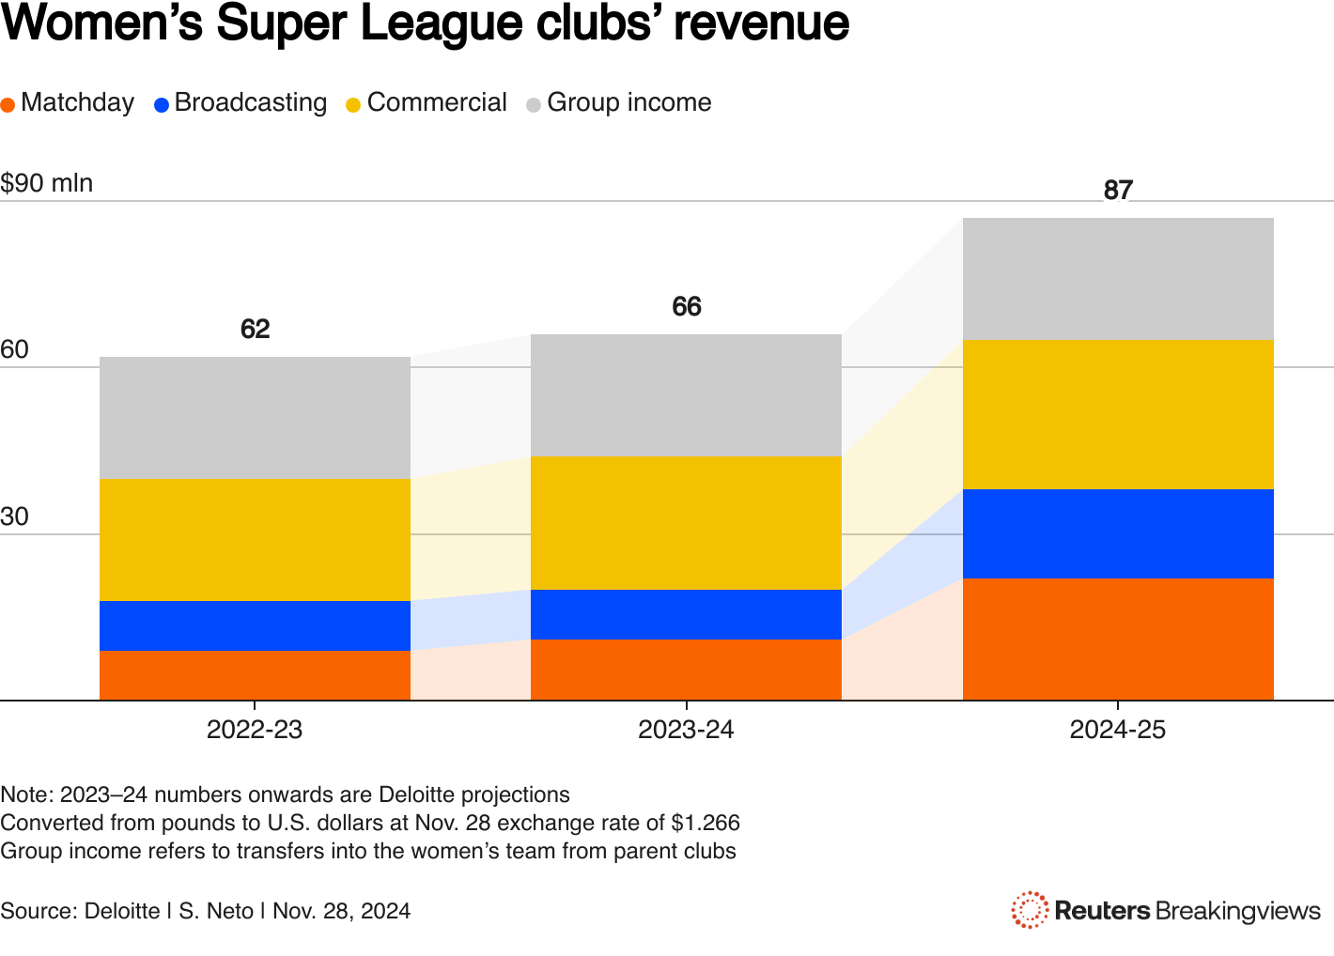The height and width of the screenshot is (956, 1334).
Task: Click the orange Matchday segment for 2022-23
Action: click(255, 675)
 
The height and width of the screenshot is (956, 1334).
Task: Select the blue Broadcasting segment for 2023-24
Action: click(686, 614)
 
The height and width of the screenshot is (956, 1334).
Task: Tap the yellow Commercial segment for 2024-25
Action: click(1118, 414)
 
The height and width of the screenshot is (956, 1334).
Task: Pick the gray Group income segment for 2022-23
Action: click(255, 418)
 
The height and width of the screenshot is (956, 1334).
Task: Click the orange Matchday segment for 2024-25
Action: click(1118, 639)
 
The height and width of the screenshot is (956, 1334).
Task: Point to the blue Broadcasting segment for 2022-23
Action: click(255, 625)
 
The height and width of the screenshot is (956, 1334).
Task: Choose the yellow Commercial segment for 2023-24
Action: click(686, 523)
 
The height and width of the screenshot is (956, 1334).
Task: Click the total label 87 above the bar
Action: click(1118, 191)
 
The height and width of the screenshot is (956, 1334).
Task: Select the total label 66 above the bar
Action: click(687, 307)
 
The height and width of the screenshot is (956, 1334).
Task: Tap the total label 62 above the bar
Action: click(255, 330)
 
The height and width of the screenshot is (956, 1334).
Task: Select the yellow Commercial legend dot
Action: click(353, 104)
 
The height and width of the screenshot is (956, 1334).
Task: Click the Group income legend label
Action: click(628, 102)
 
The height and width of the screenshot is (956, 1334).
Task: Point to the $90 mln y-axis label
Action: click(47, 183)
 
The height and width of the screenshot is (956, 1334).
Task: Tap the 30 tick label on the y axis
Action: click(15, 517)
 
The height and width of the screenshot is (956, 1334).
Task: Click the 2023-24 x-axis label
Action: click(686, 730)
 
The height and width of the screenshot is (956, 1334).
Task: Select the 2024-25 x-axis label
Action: click(1118, 730)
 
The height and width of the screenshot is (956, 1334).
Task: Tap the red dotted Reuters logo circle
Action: click(1030, 910)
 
